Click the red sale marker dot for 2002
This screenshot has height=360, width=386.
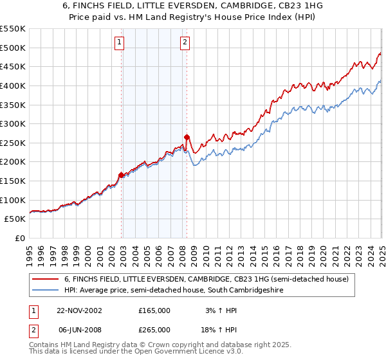click(x=121, y=175)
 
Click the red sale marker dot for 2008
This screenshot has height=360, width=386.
click(x=187, y=137)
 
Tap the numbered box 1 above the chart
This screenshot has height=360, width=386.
click(x=120, y=43)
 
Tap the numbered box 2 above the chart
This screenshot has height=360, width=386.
click(x=185, y=43)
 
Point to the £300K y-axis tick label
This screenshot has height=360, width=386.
click(x=13, y=123)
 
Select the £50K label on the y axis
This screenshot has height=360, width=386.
click(x=15, y=219)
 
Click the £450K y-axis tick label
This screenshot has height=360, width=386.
click(x=13, y=66)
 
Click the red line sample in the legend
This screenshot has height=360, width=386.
click(x=46, y=280)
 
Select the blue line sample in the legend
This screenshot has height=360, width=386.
click(x=46, y=291)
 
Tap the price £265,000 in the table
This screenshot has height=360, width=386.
click(x=154, y=329)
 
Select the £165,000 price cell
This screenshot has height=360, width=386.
click(x=154, y=310)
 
